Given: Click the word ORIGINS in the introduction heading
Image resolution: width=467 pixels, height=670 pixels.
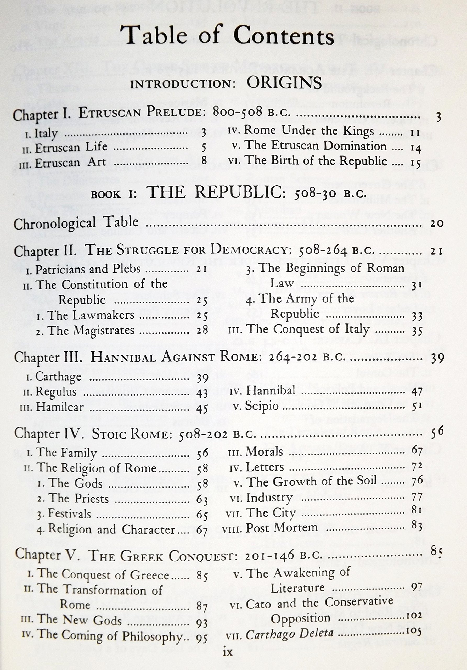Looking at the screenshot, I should pyautogui.click(x=284, y=83).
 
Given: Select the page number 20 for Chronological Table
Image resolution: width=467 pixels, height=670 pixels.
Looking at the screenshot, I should pyautogui.click(x=436, y=224).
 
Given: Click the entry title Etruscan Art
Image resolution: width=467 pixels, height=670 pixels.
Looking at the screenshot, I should pyautogui.click(x=70, y=163).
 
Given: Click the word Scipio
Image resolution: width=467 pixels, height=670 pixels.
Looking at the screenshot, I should pyautogui.click(x=262, y=406).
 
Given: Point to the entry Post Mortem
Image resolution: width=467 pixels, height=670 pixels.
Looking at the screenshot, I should pyautogui.click(x=282, y=528).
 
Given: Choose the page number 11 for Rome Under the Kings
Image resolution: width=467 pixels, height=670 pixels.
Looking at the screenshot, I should pyautogui.click(x=414, y=133).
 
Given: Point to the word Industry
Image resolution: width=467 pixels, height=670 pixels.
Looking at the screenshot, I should pyautogui.click(x=269, y=498).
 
